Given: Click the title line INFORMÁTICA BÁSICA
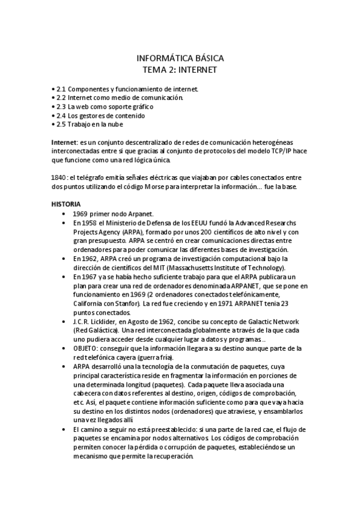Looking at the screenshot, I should [x=180, y=58].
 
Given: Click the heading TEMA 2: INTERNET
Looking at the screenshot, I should [x=180, y=70].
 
